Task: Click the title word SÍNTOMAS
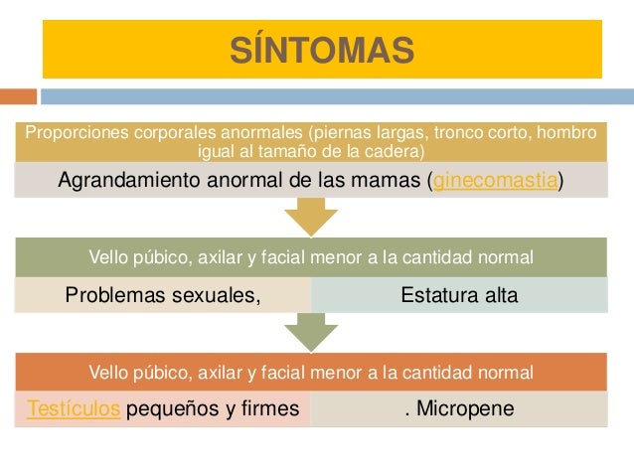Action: (x=322, y=49)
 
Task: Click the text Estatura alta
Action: (x=459, y=294)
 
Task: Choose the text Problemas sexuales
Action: (x=162, y=294)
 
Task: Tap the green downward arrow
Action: (x=311, y=332)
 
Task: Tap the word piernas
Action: (x=342, y=133)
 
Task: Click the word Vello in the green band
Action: (x=110, y=257)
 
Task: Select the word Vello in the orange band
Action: (x=110, y=373)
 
